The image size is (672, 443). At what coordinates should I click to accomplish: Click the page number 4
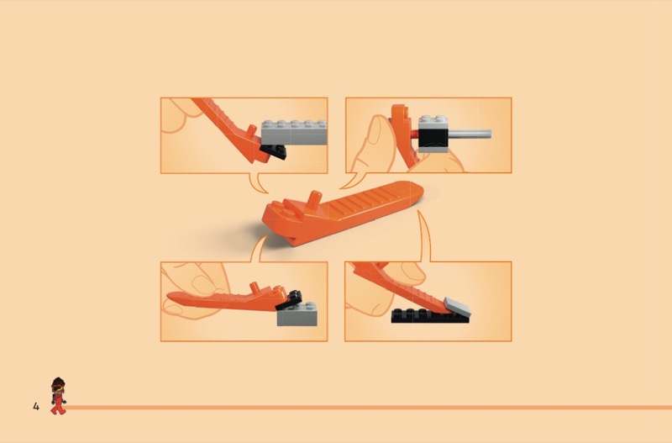click(36, 406)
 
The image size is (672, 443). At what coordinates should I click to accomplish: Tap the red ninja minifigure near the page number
click(58, 396)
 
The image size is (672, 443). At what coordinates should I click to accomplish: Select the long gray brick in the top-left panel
click(294, 133)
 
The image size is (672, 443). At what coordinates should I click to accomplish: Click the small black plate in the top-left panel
click(274, 152)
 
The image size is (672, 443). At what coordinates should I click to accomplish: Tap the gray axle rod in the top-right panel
click(470, 134)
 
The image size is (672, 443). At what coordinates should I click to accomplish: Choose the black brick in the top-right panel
click(433, 136)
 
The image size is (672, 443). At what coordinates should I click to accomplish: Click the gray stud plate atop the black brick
click(433, 121)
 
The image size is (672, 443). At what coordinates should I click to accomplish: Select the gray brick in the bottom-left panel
click(297, 314)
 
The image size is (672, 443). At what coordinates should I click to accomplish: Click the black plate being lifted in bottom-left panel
click(289, 300)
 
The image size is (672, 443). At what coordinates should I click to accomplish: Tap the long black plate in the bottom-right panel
click(430, 316)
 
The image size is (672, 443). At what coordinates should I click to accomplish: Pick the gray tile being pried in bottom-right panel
click(457, 307)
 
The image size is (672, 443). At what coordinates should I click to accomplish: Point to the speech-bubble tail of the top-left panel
click(258, 183)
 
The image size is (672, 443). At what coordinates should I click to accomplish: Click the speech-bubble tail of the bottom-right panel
click(424, 235)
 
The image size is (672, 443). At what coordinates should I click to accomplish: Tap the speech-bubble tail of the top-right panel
click(354, 181)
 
